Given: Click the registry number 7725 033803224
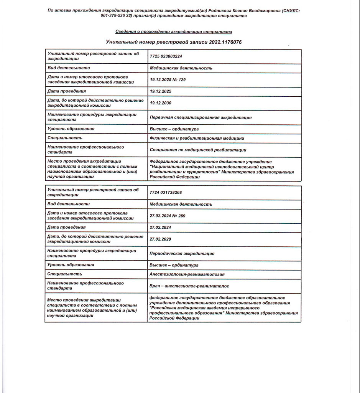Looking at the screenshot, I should click(166, 56).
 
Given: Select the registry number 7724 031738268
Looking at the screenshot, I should click(166, 193).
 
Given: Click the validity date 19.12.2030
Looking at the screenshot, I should click(161, 103).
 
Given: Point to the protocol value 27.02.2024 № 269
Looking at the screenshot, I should click(168, 216).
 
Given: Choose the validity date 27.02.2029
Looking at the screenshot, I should click(161, 239).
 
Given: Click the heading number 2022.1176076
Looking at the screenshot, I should click(225, 41).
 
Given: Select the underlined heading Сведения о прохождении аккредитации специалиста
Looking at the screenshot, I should click(173, 31).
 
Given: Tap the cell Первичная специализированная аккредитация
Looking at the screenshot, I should click(201, 117).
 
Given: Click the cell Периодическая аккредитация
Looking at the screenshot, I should click(182, 253).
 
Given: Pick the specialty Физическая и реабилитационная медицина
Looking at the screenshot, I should click(197, 138).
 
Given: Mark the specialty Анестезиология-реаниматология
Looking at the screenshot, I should click(187, 274).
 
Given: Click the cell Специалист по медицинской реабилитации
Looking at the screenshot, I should click(198, 150).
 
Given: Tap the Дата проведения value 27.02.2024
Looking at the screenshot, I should click(161, 228).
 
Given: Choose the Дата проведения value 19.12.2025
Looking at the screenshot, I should click(161, 91).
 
